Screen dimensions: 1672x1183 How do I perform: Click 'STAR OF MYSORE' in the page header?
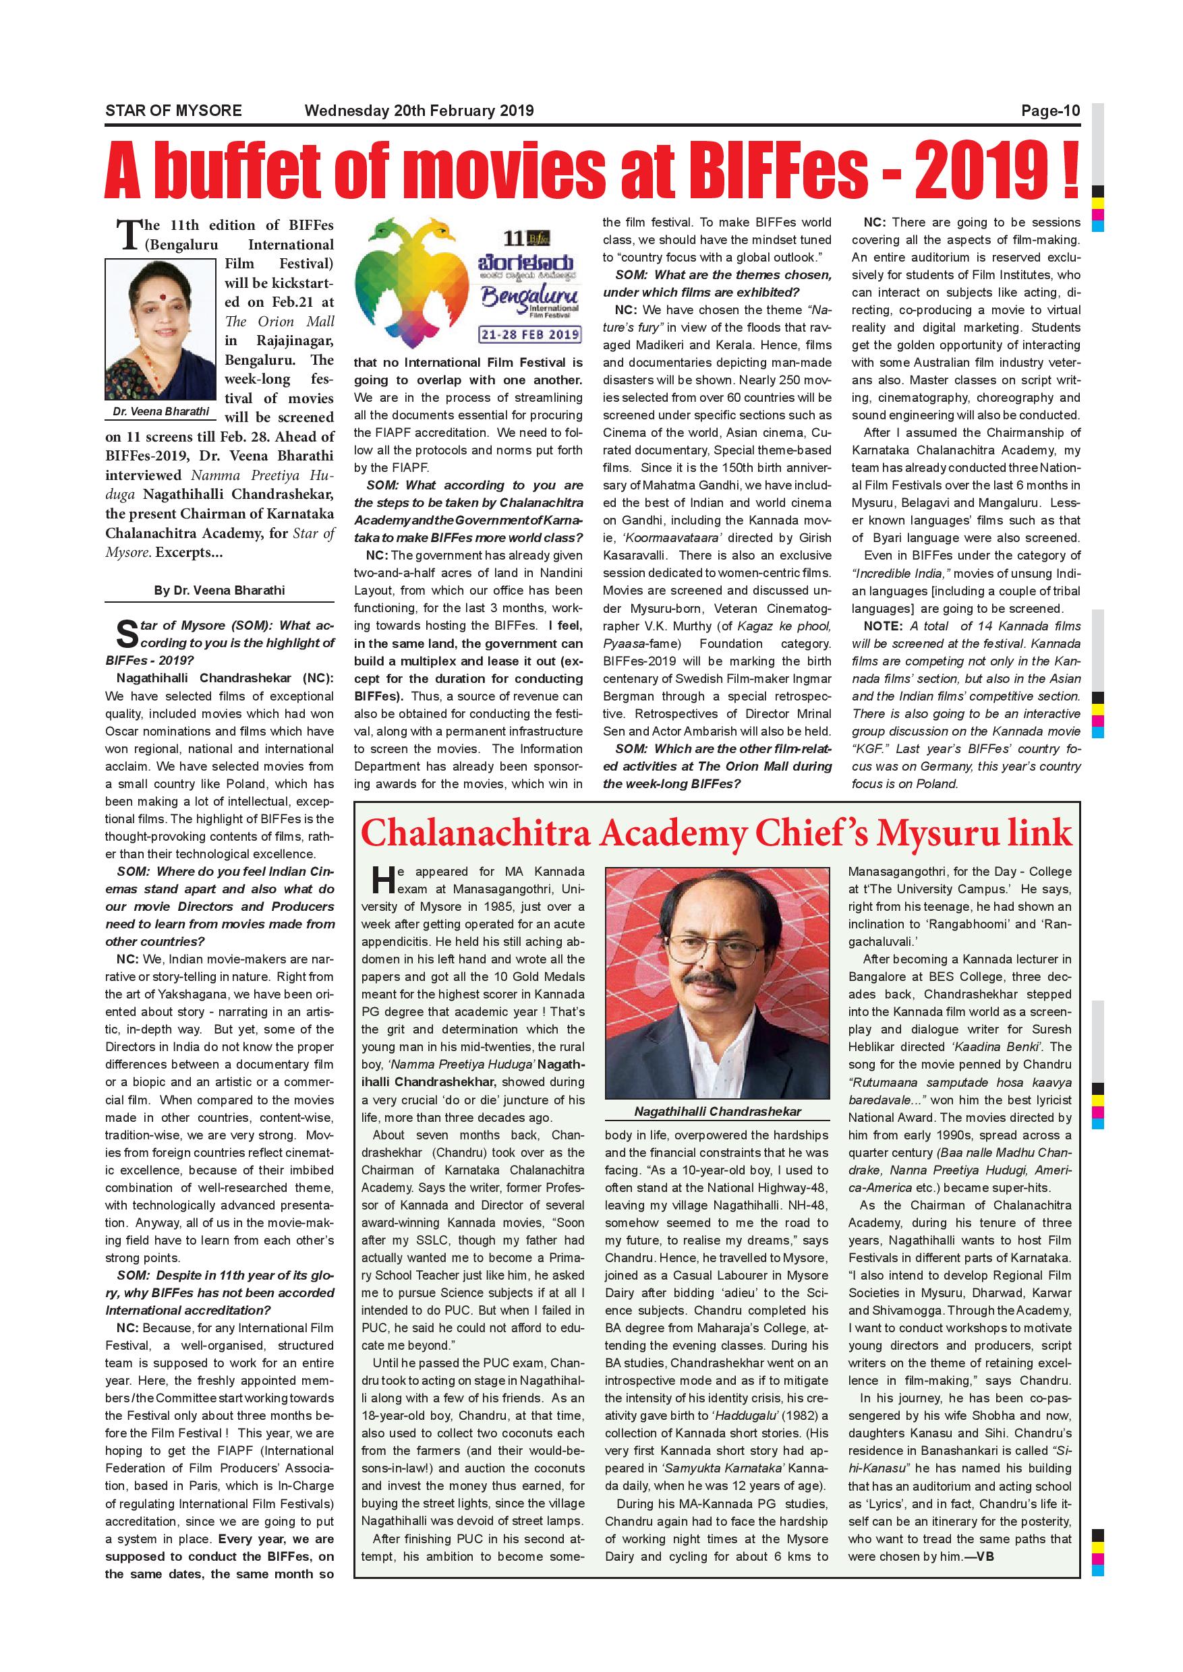tap(173, 111)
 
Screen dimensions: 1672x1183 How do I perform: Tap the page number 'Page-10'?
tap(1049, 111)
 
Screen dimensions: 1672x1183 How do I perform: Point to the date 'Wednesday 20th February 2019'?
tap(419, 111)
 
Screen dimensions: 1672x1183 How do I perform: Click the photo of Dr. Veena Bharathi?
tap(161, 329)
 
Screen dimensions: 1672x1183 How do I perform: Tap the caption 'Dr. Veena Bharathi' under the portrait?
tap(161, 411)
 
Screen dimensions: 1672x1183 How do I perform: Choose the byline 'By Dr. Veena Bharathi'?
tap(219, 590)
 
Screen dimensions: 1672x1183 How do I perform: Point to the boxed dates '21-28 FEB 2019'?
tap(529, 334)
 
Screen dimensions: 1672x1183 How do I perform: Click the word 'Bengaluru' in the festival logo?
tap(529, 297)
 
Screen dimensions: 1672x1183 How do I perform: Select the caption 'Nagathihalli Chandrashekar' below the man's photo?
tap(717, 1111)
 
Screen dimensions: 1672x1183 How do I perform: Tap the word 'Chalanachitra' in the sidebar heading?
tap(475, 834)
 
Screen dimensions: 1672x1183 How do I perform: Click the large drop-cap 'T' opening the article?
tap(129, 235)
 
